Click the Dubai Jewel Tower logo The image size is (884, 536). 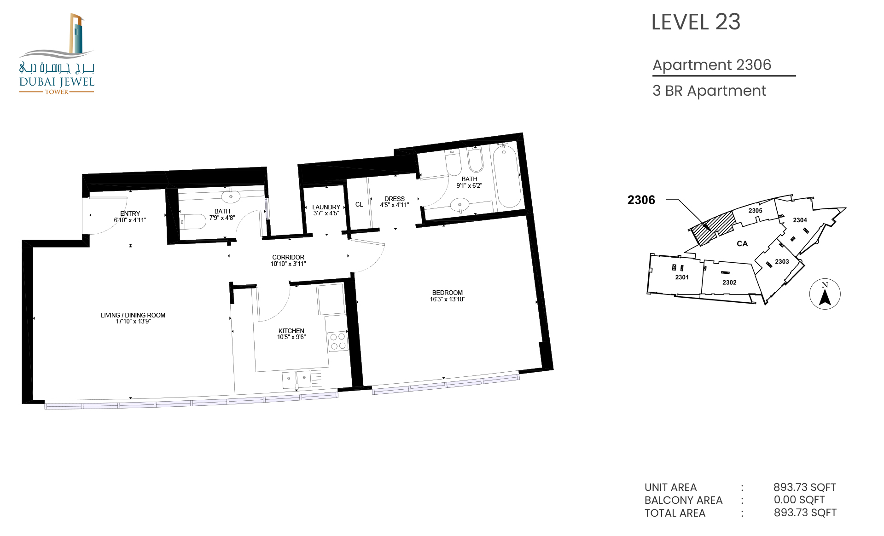(57, 54)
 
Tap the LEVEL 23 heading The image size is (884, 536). (696, 22)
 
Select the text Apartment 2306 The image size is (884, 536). (712, 65)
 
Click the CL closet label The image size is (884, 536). (359, 204)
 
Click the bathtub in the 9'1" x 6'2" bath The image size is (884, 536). (507, 176)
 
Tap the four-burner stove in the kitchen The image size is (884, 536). (338, 341)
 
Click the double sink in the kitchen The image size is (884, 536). (297, 380)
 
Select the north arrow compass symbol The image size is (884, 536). (825, 294)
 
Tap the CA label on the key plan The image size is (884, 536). (742, 244)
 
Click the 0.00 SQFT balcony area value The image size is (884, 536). (799, 500)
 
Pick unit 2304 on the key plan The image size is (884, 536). (800, 220)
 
